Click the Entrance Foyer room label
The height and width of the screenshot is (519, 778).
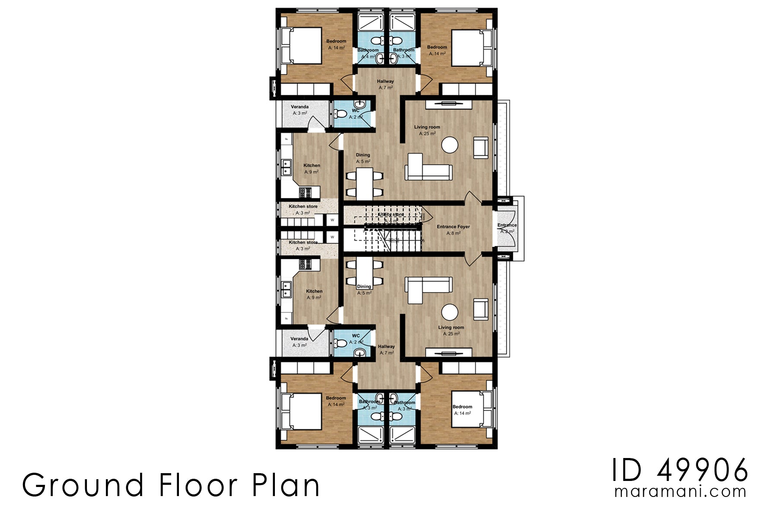point(453,227)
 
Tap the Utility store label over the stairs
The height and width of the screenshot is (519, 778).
point(391,215)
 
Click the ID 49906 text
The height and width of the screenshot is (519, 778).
point(680,470)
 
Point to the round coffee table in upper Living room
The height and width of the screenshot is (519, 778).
point(450,145)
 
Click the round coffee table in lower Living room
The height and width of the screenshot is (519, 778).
point(450,312)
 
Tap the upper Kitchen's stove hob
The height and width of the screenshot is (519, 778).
point(306,192)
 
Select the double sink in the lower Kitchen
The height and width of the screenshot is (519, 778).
point(286,289)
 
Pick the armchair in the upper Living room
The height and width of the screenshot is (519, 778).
point(481,147)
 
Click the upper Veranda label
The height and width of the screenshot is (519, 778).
point(300,107)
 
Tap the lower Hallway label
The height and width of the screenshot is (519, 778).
point(386,346)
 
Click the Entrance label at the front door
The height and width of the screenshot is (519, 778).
point(507,225)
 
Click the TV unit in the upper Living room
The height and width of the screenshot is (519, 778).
point(448,104)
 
